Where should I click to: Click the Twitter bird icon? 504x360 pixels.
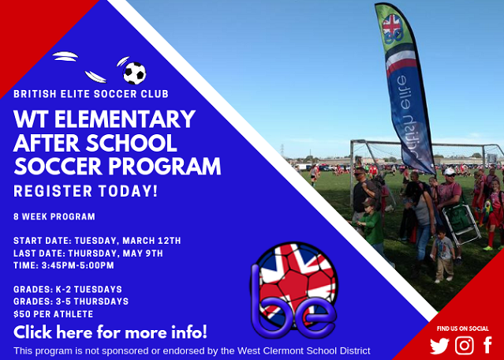[439, 346]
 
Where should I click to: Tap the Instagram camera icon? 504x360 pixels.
[464, 346]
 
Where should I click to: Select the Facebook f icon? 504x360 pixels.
[487, 345]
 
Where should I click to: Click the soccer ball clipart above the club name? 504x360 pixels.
[134, 73]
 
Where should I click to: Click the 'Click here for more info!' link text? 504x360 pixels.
[110, 332]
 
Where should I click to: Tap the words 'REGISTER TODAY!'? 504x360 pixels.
[85, 191]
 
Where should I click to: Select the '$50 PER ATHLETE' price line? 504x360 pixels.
[54, 314]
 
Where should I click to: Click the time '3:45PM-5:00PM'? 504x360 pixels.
[78, 265]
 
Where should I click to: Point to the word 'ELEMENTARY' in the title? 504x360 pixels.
[125, 119]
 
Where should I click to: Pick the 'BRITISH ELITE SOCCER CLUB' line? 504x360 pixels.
[91, 94]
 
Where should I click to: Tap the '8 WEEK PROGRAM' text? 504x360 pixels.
[54, 216]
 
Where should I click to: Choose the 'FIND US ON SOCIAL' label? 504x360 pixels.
[463, 328]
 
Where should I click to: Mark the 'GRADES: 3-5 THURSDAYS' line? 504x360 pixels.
[71, 302]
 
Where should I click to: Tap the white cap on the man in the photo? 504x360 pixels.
[450, 171]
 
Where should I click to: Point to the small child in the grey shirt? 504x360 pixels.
[443, 254]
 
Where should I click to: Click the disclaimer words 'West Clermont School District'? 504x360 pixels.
[304, 351]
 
